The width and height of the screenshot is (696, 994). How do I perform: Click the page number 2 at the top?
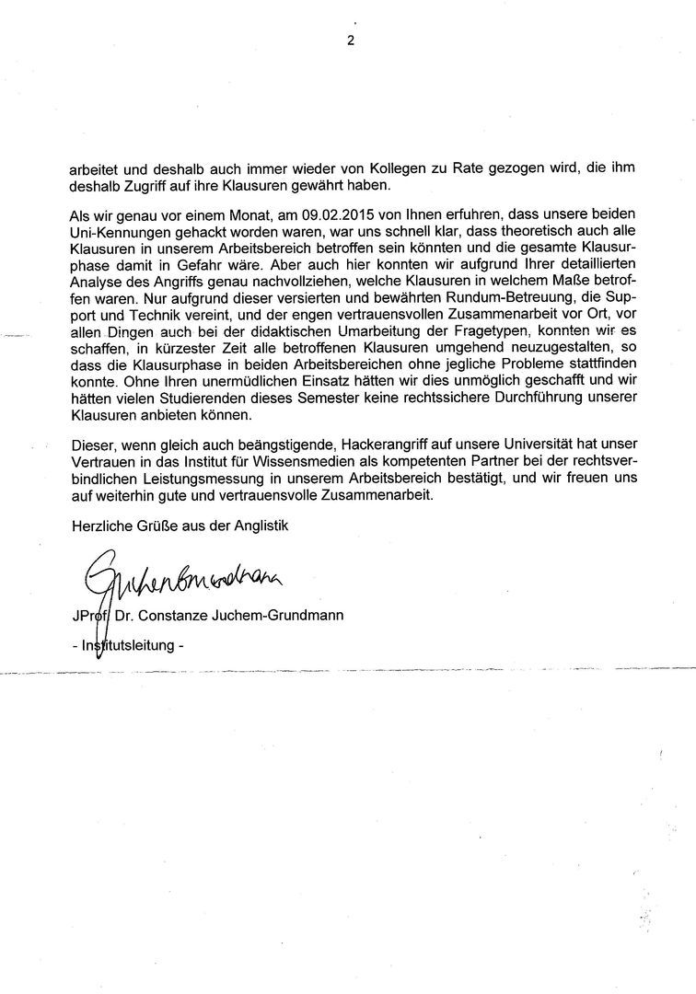click(350, 40)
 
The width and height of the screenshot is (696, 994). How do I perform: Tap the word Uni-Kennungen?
click(118, 231)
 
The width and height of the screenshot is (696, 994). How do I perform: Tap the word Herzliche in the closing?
click(99, 526)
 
